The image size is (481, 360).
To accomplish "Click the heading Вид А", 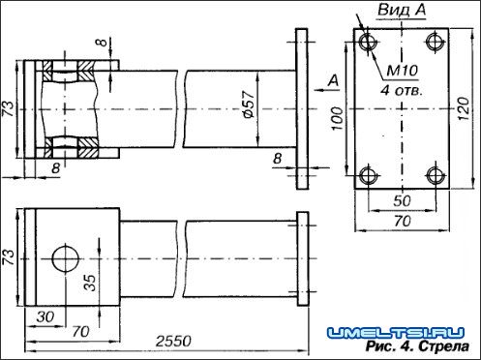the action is point(402,10).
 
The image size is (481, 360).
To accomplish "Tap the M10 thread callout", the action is point(402,71).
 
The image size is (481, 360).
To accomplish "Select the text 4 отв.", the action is point(402,90).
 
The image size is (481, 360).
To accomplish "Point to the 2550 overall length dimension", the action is point(173,342).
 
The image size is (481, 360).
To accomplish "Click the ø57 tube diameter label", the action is point(250,105).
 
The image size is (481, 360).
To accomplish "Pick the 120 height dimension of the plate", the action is point(464,108).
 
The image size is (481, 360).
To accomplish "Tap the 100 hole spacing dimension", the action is point(338,118).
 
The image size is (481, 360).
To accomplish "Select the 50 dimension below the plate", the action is point(402,201).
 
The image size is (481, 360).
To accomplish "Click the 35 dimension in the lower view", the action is point(90,283).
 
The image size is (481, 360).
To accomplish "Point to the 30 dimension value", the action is point(45,317).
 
